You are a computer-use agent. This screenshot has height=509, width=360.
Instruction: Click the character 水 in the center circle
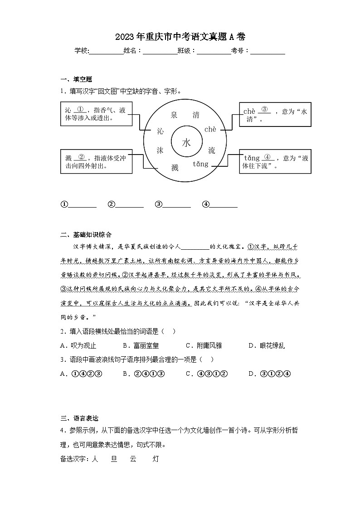click(x=186, y=143)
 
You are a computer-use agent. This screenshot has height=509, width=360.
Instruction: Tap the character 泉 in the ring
click(x=174, y=115)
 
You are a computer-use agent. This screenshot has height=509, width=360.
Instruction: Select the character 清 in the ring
click(x=196, y=115)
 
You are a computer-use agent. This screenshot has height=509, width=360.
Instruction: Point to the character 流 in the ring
click(x=212, y=150)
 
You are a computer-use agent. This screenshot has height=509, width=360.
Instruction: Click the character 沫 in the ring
click(x=160, y=150)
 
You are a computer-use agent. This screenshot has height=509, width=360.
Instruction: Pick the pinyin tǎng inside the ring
click(x=200, y=164)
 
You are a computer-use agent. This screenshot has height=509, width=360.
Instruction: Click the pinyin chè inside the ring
click(x=210, y=130)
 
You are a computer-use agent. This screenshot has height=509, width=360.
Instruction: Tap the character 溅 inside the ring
click(x=175, y=168)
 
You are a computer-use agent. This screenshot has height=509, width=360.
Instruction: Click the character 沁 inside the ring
click(x=160, y=131)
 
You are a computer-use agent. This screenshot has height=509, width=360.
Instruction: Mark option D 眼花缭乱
click(x=267, y=346)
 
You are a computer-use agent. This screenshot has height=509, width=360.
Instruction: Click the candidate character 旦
click(x=114, y=459)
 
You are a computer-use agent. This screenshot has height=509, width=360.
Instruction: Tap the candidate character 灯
click(x=156, y=459)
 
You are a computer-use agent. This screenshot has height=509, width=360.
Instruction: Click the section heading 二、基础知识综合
click(x=86, y=234)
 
